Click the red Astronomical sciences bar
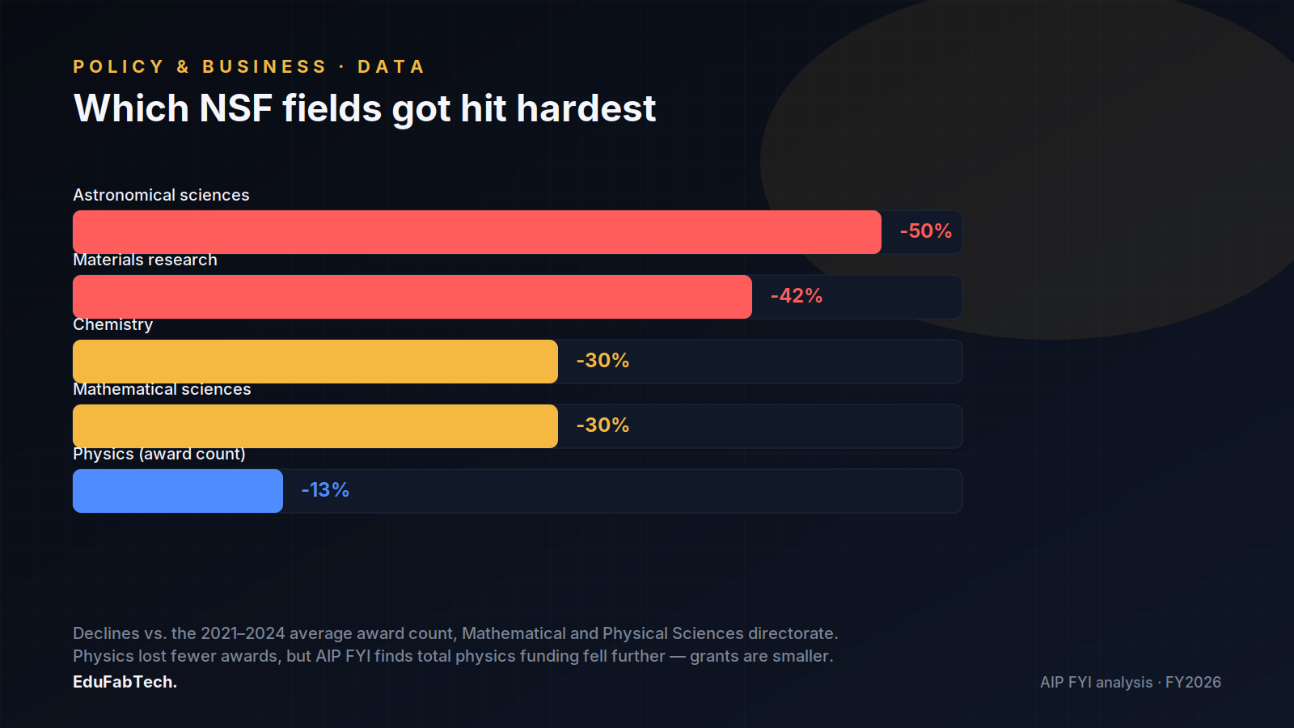(x=477, y=232)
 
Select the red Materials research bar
(x=412, y=297)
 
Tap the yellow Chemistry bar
(x=315, y=362)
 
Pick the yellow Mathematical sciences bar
(x=315, y=426)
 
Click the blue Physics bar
(x=178, y=491)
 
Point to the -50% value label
(x=925, y=231)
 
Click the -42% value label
(x=796, y=296)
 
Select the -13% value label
(x=325, y=490)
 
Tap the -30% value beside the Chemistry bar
(x=603, y=361)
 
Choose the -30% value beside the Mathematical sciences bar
(x=603, y=425)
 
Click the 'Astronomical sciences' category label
(x=161, y=195)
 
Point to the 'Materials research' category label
(x=145, y=260)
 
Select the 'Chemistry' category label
(x=112, y=325)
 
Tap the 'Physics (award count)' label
(x=159, y=454)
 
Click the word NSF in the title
(x=235, y=108)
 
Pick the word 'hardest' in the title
(x=586, y=108)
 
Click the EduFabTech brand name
(x=125, y=682)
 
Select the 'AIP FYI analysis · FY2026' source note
(x=1131, y=683)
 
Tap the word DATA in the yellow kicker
(x=391, y=66)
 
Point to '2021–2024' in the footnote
(x=243, y=633)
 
